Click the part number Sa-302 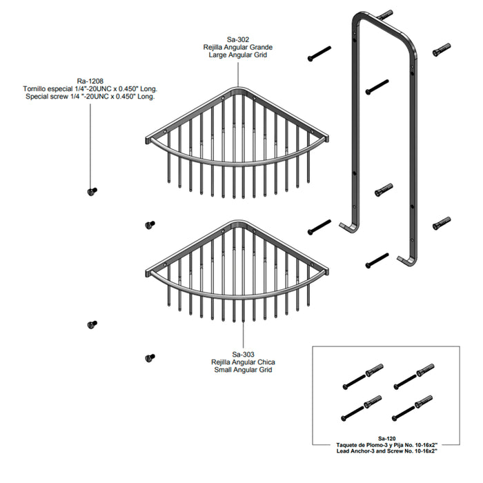(238, 40)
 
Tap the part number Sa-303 (243, 355)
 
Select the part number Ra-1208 (90, 81)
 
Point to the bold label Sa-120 (386, 439)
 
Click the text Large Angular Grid (238, 55)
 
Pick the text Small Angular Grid (243, 370)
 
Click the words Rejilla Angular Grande (238, 48)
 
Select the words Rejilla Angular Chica (243, 362)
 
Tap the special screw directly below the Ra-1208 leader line (92, 192)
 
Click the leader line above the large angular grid (238, 75)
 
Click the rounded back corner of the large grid (237, 90)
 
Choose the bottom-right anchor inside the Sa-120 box (424, 402)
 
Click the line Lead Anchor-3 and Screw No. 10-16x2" (386, 451)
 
